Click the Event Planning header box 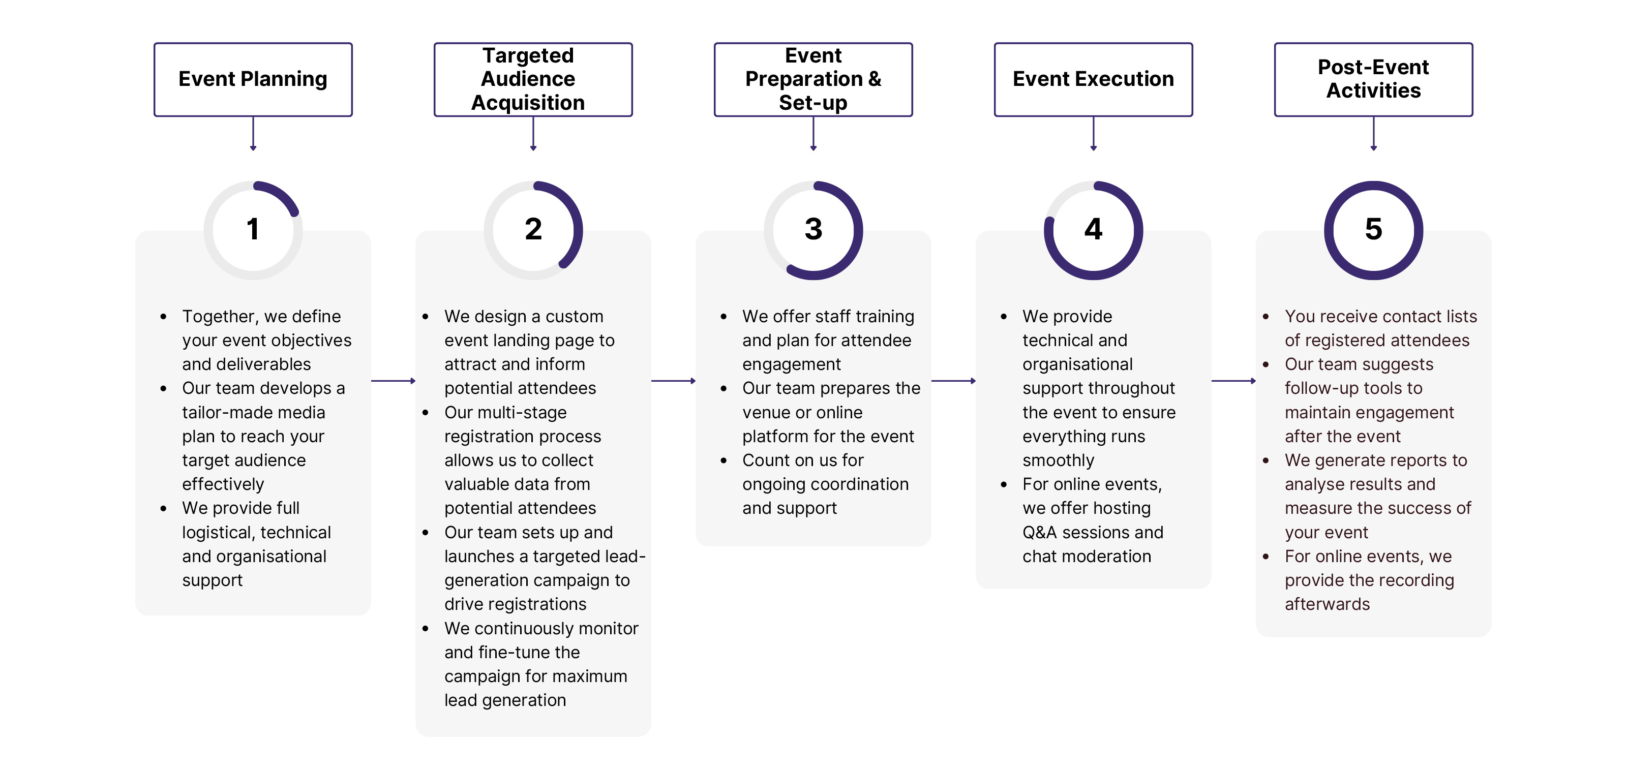253,79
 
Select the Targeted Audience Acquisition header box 532,79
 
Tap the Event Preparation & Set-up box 813,79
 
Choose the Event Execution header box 1093,79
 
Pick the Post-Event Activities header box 1373,79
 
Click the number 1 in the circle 253,229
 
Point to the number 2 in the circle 533,229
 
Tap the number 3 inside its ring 813,229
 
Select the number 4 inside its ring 1093,229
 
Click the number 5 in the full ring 1373,229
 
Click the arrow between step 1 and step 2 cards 393,381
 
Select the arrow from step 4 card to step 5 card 1233,381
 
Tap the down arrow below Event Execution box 1093,134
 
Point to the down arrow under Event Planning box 253,134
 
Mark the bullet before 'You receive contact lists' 1265,317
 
